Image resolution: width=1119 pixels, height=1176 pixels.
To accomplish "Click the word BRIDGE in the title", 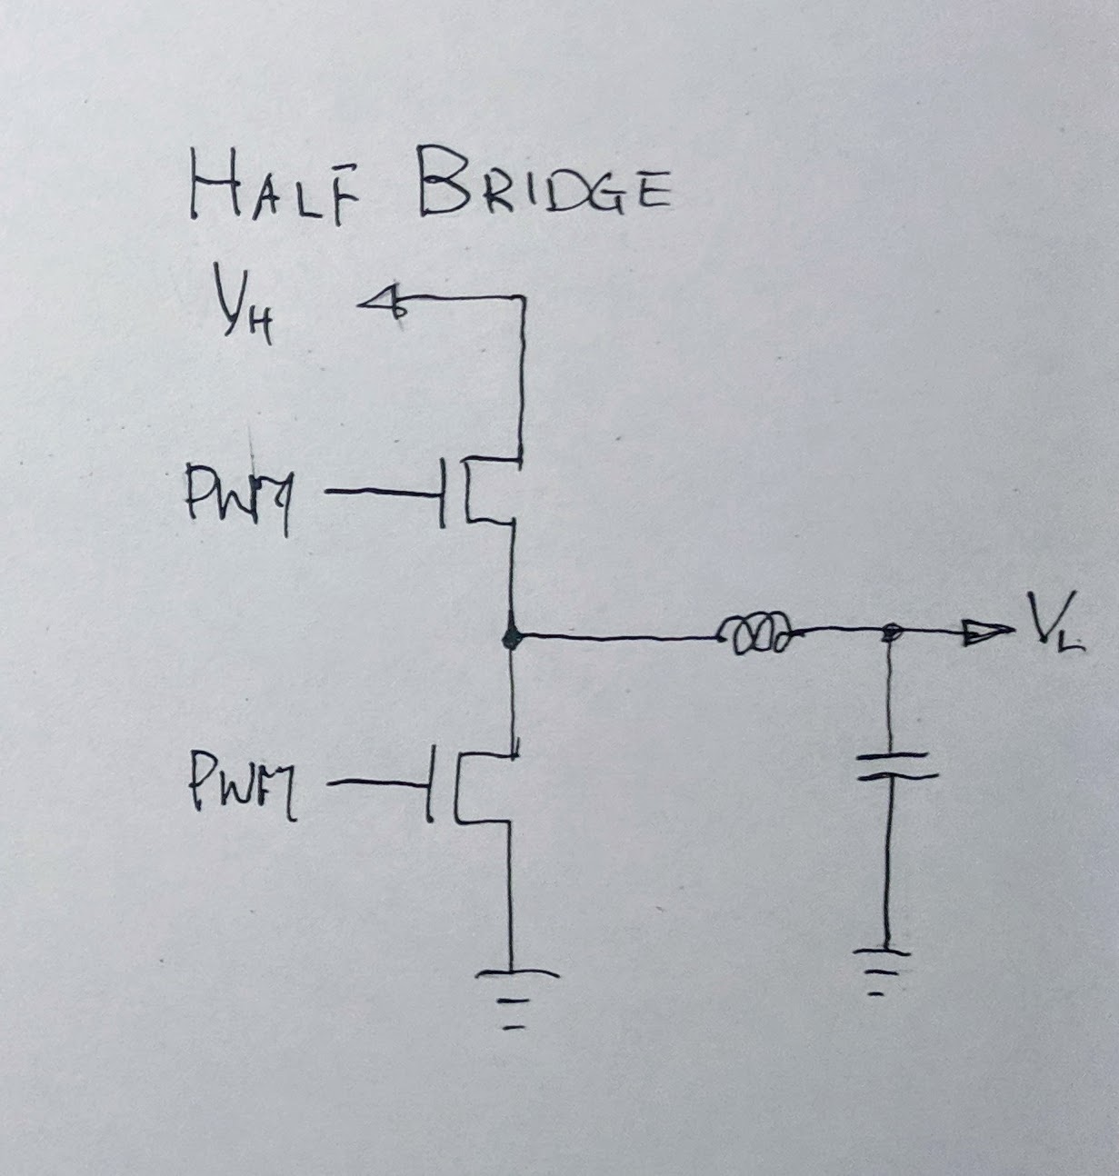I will coord(542,190).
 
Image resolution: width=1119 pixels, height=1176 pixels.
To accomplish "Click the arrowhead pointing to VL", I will coord(987,634).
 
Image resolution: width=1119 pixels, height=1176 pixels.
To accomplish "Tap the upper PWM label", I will coord(238,498).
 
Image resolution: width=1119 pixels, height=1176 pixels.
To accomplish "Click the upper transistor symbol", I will coord(477,494).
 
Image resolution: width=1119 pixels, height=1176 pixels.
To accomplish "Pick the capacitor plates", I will coord(888,765).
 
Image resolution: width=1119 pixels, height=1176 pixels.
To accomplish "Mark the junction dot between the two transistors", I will coord(512,638).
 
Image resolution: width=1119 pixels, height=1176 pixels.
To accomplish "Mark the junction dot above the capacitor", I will coord(892,633).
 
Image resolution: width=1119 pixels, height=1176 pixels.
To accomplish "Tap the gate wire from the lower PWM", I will coord(374,781).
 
